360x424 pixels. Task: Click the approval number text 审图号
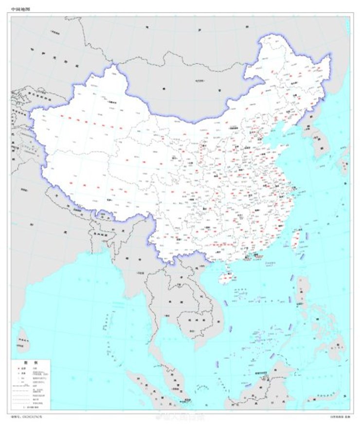coord(29,416)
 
